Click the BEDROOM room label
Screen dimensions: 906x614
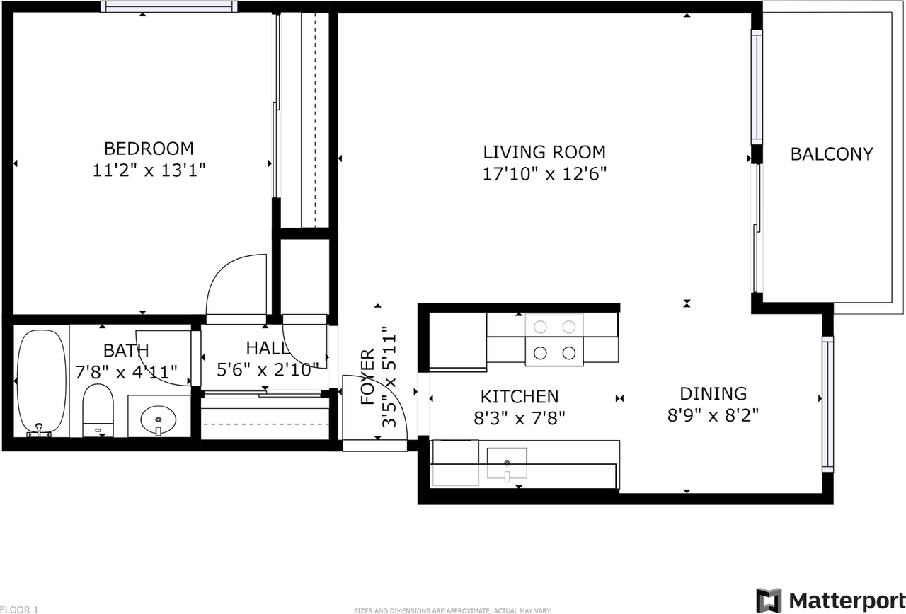149,149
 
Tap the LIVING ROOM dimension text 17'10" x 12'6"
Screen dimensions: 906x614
544,174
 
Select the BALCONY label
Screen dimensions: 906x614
832,154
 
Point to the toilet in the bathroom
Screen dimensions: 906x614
98,410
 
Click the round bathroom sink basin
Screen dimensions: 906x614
158,420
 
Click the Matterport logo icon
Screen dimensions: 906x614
769,601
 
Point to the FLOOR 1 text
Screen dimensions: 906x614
19,610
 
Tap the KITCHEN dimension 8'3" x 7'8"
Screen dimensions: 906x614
520,418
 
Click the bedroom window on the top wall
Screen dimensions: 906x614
168,6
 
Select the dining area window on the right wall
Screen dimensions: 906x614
827,404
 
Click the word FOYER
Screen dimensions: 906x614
367,377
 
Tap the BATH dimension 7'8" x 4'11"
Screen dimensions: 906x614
126,372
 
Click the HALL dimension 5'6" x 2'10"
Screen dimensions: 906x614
268,370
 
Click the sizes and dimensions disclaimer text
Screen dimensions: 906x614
452,610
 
